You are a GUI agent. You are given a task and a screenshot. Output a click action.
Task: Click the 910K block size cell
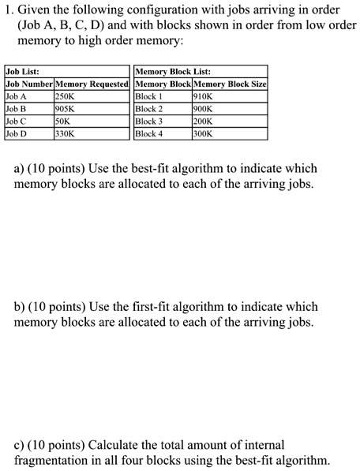(204, 96)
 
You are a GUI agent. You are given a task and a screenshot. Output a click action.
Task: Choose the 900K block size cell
(204, 109)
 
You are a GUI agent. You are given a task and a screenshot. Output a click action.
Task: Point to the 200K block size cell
(204, 121)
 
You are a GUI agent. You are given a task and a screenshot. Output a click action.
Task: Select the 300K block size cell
(204, 134)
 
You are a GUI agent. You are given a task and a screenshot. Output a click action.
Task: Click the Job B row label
(16, 109)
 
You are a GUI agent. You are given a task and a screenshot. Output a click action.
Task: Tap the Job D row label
(16, 134)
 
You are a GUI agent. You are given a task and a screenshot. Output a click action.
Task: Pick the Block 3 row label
(149, 121)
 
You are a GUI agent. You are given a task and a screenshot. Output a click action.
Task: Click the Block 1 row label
(149, 96)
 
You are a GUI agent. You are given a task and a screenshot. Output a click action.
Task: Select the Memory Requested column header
(92, 84)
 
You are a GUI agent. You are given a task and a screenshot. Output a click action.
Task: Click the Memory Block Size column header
(231, 84)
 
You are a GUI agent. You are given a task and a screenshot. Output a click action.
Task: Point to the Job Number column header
(28, 84)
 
